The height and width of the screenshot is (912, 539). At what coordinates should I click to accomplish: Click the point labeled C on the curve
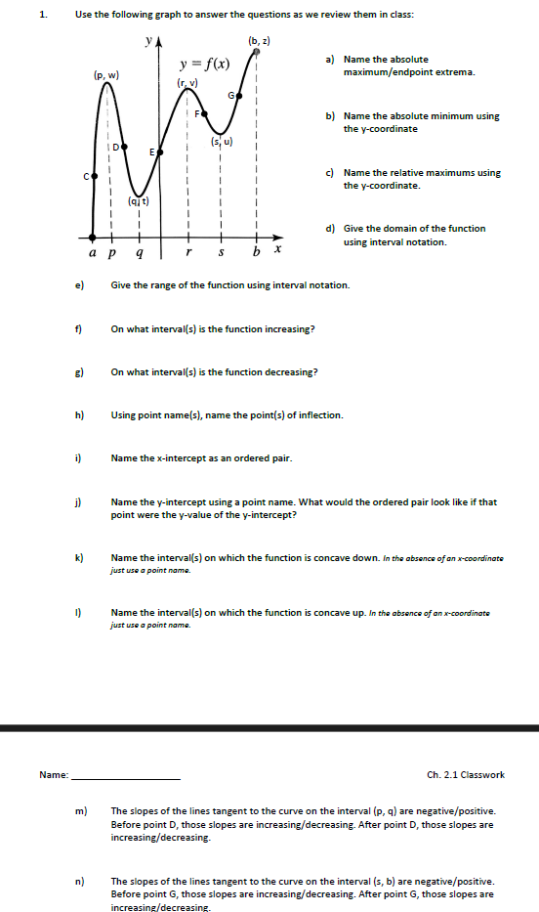pos(94,177)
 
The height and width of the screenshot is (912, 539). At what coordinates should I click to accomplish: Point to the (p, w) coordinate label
pos(105,74)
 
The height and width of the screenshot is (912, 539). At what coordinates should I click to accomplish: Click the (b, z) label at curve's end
pos(259,41)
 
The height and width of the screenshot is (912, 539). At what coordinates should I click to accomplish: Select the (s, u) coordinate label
pos(222,142)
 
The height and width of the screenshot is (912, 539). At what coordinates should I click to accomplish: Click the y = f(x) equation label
pos(204,65)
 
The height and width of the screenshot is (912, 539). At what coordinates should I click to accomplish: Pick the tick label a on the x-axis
pos(93,251)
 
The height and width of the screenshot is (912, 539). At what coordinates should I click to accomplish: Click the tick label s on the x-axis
pos(223,251)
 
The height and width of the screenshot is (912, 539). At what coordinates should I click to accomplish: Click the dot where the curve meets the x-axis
pos(93,236)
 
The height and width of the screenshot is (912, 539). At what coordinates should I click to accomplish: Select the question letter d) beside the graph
pos(331,229)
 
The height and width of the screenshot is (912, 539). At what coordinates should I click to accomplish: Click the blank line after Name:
pos(126,775)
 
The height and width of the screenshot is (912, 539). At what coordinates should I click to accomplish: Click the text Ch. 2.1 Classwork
pos(465,775)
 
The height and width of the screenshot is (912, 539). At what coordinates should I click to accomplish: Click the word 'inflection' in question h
pos(320,415)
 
